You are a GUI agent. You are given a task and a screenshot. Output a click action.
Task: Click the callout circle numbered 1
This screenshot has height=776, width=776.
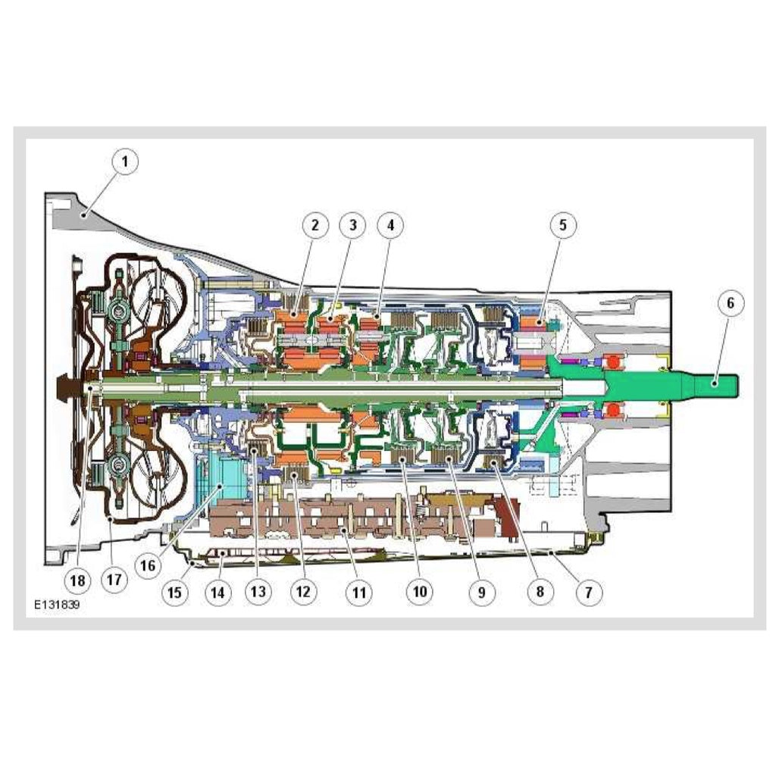[x=125, y=161]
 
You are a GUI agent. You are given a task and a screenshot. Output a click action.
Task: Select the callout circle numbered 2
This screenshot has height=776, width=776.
[x=315, y=225]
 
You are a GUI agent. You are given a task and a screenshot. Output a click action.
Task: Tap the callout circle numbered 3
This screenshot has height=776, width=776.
[x=353, y=225]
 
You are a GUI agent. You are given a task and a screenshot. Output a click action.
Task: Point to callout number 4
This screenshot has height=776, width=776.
[x=390, y=225]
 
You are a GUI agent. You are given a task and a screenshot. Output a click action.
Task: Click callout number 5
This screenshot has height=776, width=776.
[x=563, y=225]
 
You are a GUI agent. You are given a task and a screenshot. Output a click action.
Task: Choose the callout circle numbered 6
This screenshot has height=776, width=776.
[x=731, y=302]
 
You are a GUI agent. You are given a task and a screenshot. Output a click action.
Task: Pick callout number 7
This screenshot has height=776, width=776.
[x=588, y=592]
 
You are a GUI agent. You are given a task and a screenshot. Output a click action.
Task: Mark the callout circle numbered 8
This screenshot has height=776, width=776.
[x=540, y=592]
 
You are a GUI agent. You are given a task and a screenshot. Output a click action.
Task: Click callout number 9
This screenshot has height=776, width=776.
[x=482, y=592]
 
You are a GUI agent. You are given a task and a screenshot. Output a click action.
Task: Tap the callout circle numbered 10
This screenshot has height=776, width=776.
[x=420, y=592]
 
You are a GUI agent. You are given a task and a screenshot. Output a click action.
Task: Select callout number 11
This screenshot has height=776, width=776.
[x=358, y=592]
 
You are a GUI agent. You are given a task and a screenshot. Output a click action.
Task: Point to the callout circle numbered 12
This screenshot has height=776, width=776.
[x=303, y=592]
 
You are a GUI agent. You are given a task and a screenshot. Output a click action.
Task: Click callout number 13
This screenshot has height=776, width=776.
[x=258, y=592]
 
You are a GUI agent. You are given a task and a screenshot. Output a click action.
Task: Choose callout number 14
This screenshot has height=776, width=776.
[x=217, y=592]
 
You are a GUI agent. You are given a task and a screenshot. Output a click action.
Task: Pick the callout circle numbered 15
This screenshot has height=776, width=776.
[x=175, y=592]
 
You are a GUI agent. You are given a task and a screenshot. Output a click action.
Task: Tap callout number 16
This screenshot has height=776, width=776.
[x=148, y=565]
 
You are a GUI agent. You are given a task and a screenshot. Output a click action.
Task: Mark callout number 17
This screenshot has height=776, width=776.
[x=114, y=579]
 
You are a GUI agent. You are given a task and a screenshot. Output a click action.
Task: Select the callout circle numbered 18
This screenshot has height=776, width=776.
[x=78, y=580]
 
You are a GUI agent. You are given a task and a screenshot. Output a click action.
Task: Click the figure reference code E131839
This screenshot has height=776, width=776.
[x=57, y=605]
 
